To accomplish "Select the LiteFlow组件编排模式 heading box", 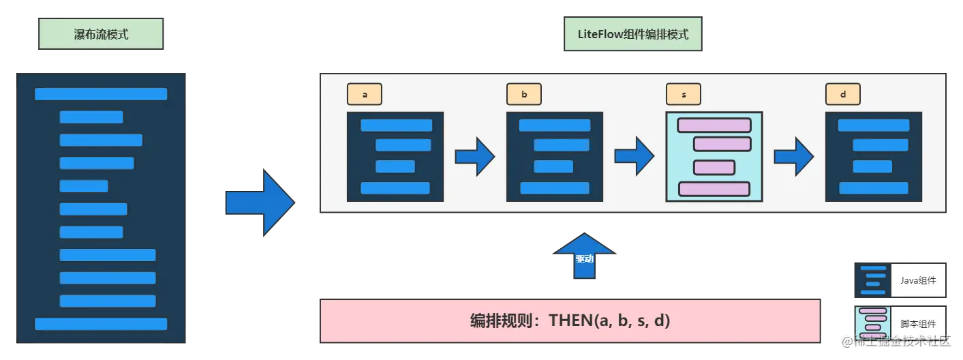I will pos(632,34).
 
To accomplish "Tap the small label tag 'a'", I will pos(365,94).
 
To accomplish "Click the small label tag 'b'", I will pos(524,94).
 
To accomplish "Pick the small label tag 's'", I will pos(684,94).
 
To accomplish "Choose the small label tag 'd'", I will pos(843,94).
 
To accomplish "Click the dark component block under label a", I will pos(395,157).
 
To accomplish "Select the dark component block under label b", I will pos(555,157).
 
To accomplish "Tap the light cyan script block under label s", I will pos(714,157).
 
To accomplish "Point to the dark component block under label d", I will pos(874,157).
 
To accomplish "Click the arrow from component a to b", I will pos(475,157).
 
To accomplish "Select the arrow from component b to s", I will pos(635,157).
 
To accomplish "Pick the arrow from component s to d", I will pos(794,157).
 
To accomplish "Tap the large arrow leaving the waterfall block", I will pos(260,203).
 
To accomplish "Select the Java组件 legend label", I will pos(918,280).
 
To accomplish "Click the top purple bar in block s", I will pos(714,125).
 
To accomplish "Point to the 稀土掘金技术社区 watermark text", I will pos(900,342).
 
